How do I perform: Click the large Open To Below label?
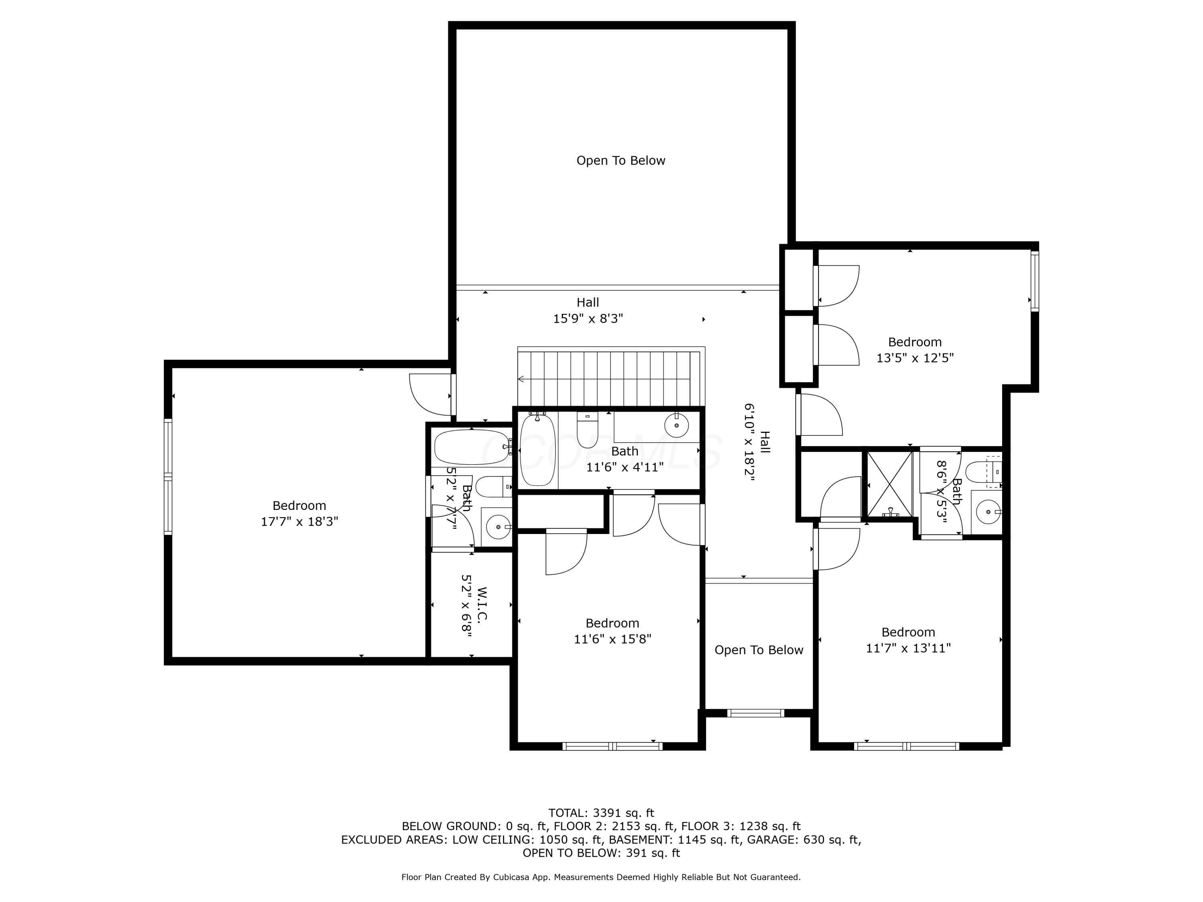tap(620, 160)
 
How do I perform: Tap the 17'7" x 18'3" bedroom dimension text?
tap(299, 522)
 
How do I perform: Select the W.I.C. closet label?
tap(482, 603)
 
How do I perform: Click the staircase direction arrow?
tap(520, 379)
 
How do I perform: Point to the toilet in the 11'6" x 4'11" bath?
tap(587, 431)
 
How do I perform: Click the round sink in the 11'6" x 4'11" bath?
tap(676, 425)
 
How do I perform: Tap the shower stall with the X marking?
tap(889, 484)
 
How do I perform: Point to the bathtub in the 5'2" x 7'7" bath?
tap(472, 447)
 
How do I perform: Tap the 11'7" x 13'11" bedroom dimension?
tap(908, 648)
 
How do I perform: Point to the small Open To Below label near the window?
tap(759, 650)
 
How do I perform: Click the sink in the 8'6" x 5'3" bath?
tap(988, 512)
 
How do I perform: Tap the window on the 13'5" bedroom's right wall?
tap(1035, 281)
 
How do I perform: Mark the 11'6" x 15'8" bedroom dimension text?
tap(612, 639)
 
